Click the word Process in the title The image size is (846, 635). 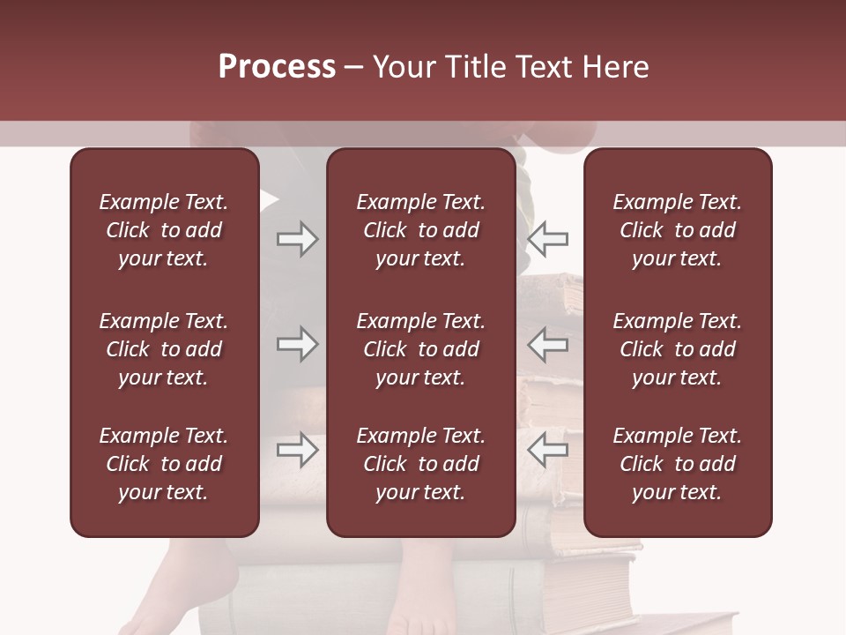(277, 67)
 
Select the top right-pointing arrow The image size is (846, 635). (297, 239)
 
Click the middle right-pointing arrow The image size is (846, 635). (297, 344)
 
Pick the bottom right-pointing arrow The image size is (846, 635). (297, 450)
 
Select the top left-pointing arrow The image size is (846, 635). (547, 239)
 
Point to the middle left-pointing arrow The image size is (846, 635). (547, 344)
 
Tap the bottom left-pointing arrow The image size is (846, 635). (547, 450)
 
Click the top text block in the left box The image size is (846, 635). (164, 230)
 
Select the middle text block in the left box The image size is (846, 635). (164, 349)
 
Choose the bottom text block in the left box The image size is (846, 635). (164, 464)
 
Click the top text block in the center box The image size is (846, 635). (421, 230)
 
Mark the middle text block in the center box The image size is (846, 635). (421, 349)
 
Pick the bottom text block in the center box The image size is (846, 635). (421, 464)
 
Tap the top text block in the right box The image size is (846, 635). (678, 230)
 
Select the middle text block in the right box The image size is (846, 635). (678, 349)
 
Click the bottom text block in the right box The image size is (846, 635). (678, 464)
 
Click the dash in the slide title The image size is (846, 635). (354, 68)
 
